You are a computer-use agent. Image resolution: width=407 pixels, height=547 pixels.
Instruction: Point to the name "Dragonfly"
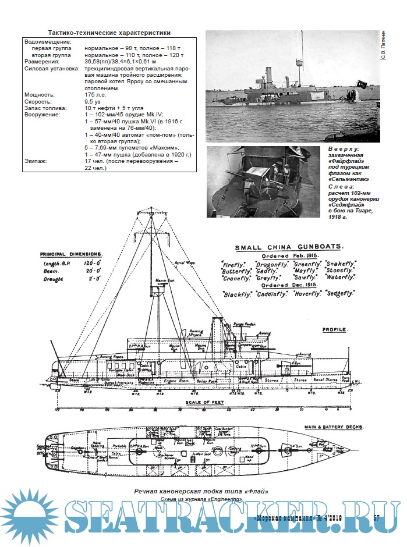pos(270,264)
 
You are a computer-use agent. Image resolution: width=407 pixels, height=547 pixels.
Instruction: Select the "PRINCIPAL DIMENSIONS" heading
pos(72,254)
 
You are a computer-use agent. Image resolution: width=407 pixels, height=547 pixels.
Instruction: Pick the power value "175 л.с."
pos(97,94)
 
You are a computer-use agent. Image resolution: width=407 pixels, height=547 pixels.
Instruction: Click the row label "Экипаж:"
pos(37,161)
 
